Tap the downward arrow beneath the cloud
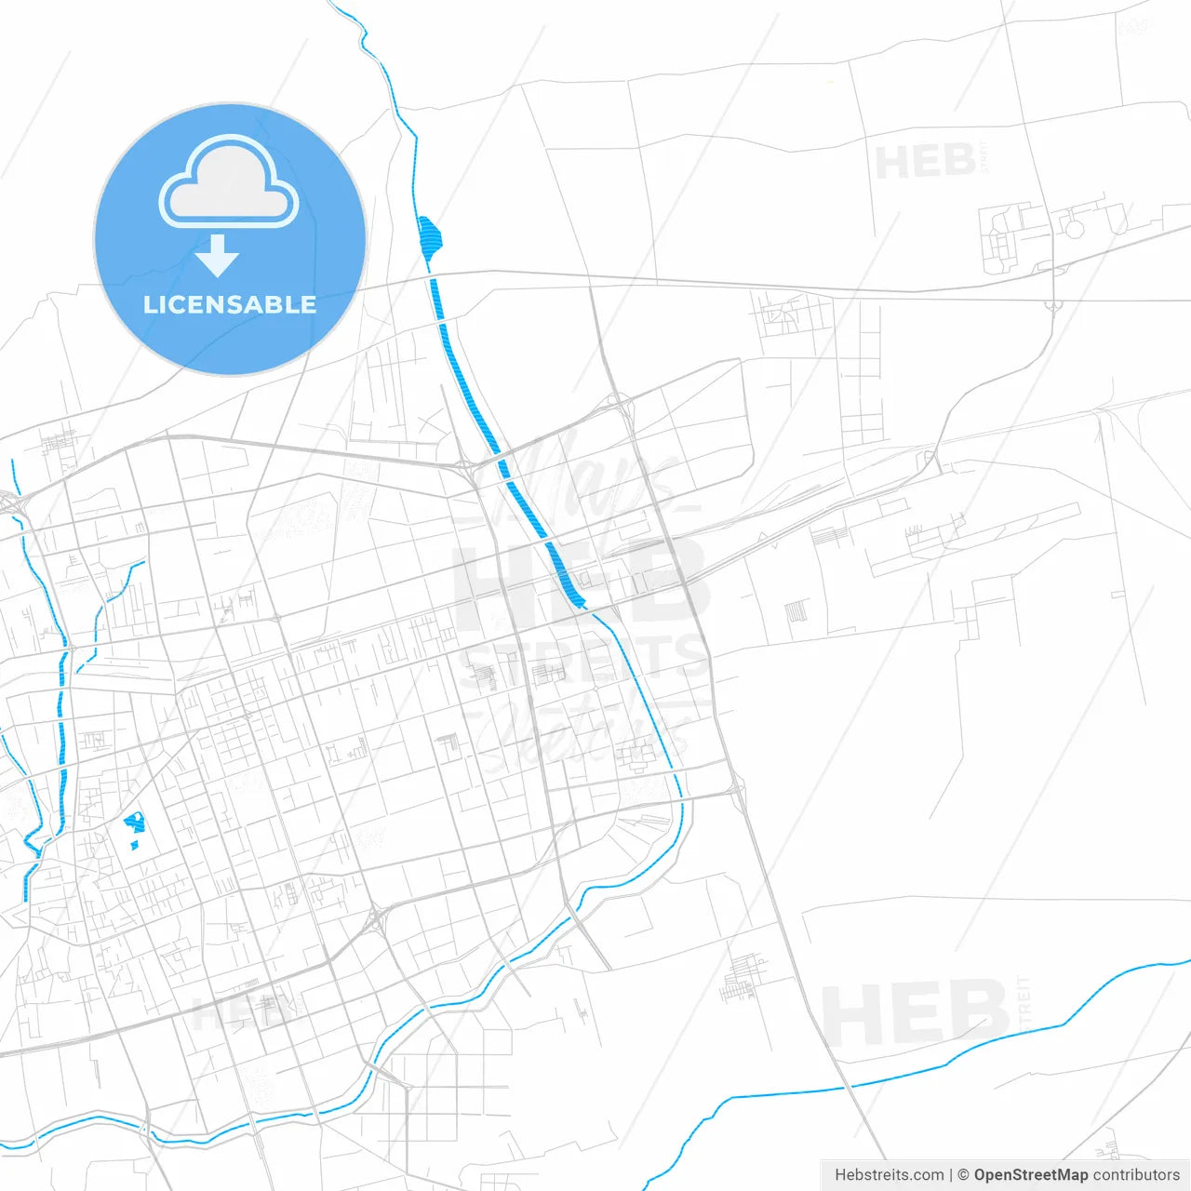[218, 256]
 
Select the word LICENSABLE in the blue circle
[230, 305]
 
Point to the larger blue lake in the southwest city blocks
[136, 823]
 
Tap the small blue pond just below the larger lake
[134, 845]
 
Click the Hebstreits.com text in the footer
[889, 1175]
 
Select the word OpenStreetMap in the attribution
[1030, 1175]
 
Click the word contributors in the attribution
[1136, 1175]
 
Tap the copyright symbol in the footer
[963, 1175]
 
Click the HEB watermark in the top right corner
[925, 162]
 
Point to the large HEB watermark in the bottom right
[917, 1013]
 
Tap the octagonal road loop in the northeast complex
[1075, 228]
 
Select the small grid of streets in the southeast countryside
[744, 976]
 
